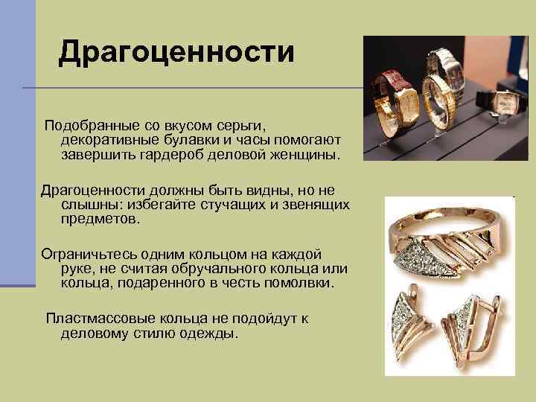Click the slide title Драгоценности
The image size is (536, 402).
(x=176, y=52)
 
